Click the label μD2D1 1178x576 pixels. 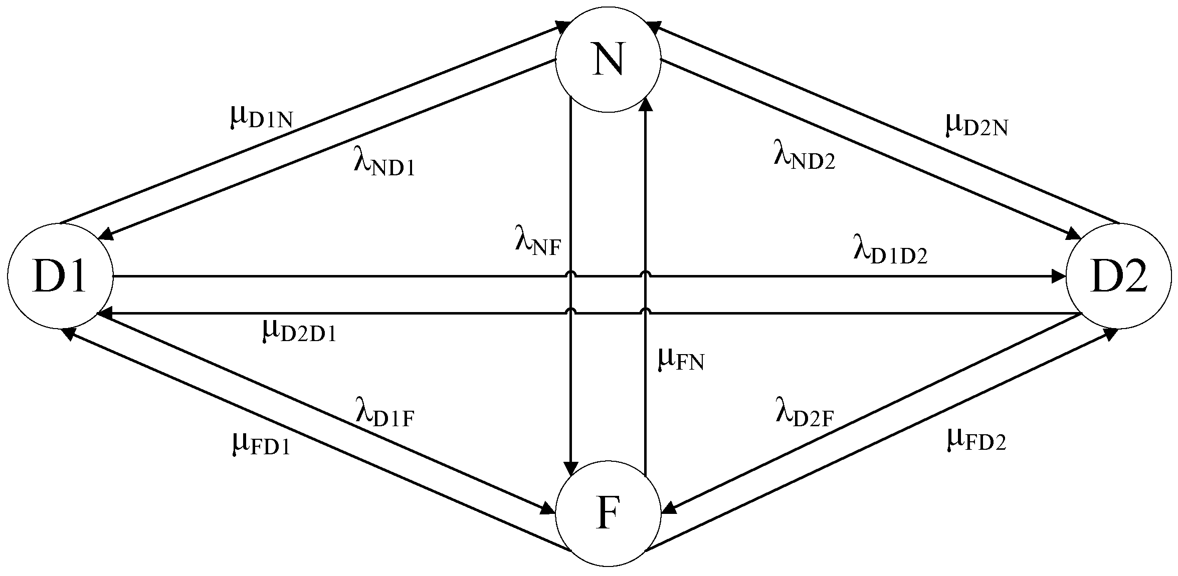click(299, 331)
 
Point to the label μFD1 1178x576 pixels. click(261, 444)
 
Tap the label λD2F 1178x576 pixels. click(804, 416)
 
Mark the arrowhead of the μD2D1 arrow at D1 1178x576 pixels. click(104, 313)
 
